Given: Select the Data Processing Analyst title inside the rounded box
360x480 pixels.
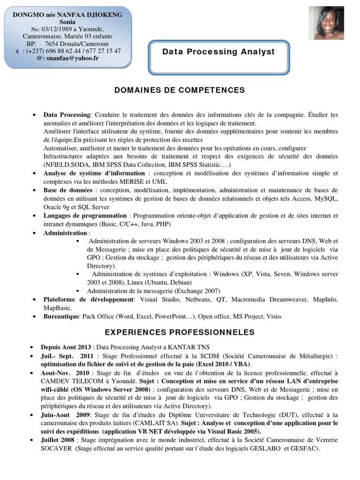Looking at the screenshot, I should coord(218,52).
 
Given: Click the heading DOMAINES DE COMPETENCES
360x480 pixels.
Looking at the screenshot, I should coord(180,90).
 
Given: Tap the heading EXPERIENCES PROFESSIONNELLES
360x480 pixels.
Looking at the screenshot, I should coord(180,332).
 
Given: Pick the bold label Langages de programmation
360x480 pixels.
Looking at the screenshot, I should coord(85,216).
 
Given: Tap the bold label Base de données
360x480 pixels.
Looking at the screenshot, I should coord(67,190).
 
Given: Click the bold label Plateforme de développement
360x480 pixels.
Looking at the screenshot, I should coord(89,300).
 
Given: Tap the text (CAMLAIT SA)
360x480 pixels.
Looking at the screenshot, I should coord(149,423).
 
